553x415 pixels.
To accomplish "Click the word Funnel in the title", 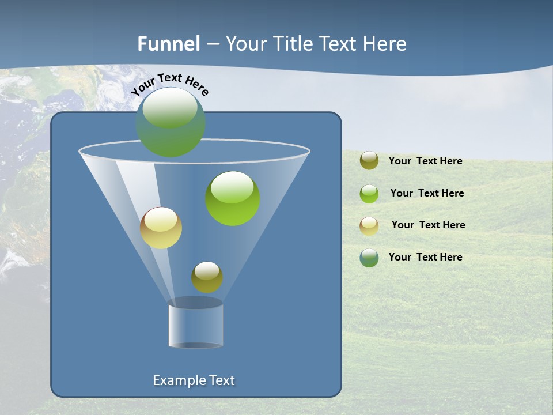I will click(x=168, y=44).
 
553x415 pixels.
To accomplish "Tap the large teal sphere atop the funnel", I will click(x=171, y=122).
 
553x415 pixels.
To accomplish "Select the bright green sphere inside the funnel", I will click(x=233, y=198).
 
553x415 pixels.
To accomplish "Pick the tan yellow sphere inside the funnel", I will click(x=161, y=228).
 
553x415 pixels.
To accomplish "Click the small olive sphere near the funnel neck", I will click(x=207, y=277).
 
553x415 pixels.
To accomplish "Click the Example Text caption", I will click(x=194, y=380).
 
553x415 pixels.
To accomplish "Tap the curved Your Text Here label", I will click(x=170, y=84).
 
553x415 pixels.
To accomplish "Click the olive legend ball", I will click(x=369, y=161).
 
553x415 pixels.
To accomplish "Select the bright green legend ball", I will click(x=369, y=194).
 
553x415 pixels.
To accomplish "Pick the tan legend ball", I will click(x=369, y=226).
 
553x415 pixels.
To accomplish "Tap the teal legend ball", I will click(x=369, y=258).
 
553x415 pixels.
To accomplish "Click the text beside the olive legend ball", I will click(x=425, y=161).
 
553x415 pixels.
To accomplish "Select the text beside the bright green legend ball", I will click(x=427, y=194).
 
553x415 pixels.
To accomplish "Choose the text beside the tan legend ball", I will click(x=428, y=225).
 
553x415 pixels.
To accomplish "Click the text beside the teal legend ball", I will click(x=425, y=258).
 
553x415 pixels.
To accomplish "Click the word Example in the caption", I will click(x=176, y=380).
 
